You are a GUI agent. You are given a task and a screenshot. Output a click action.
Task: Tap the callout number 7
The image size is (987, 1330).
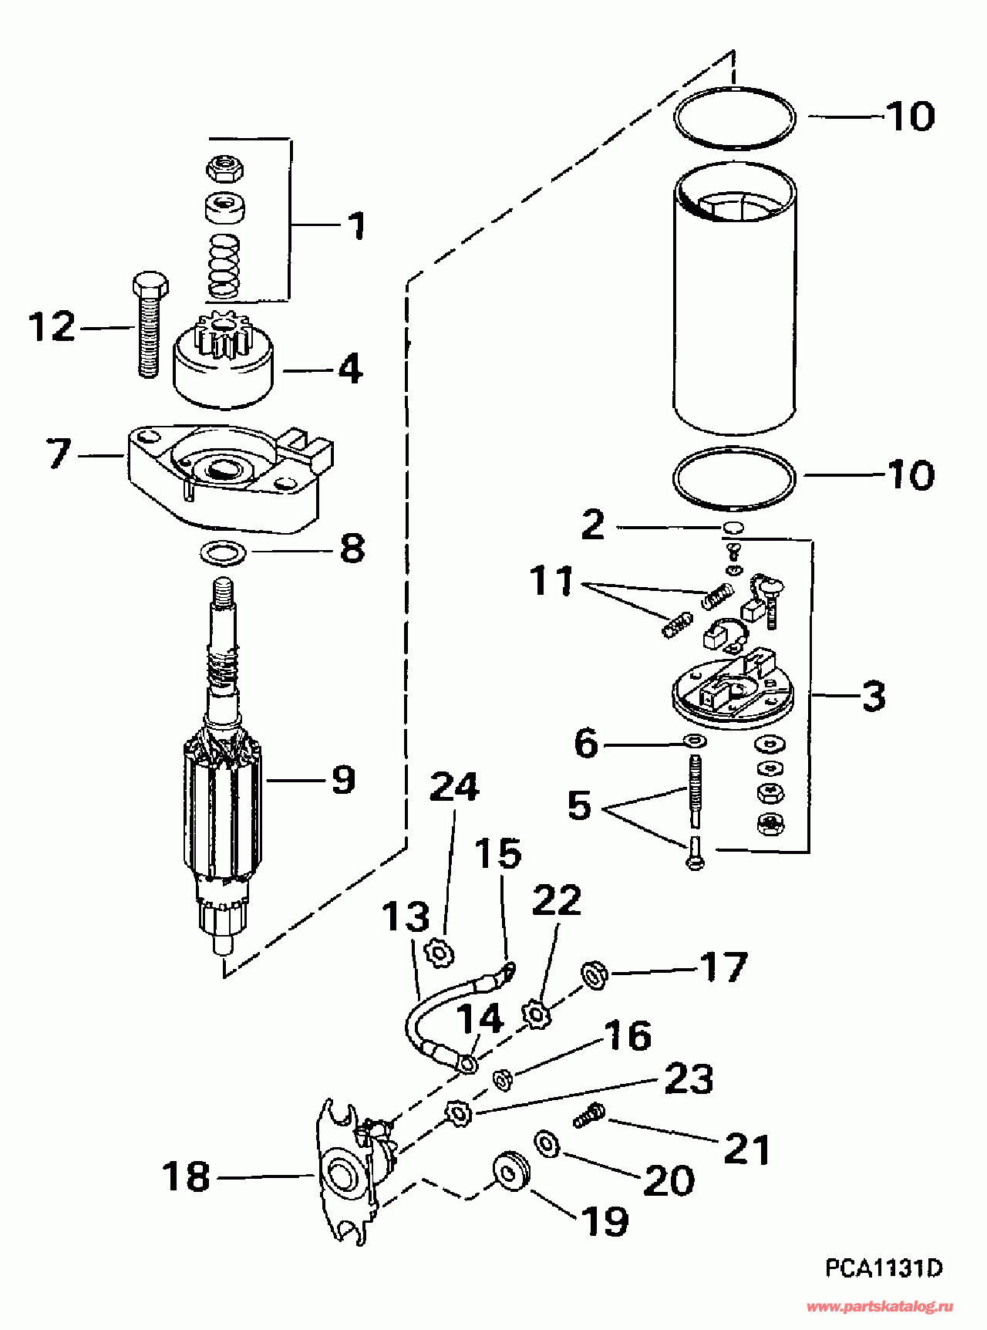59,454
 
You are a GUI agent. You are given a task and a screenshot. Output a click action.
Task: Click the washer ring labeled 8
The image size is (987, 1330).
223,552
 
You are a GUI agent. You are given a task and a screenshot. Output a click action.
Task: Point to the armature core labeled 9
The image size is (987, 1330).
224,802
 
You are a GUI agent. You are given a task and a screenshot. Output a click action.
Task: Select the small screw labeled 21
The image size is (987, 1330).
589,1116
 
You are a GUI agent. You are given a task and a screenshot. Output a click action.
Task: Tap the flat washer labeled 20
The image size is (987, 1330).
547,1144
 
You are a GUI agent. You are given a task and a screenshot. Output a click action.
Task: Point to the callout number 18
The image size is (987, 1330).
186,1177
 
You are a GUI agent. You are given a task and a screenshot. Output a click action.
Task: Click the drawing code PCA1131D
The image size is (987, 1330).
884,1268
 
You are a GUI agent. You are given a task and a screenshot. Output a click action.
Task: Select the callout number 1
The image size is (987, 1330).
356,225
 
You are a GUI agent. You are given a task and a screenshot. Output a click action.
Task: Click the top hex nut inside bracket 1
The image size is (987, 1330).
224,167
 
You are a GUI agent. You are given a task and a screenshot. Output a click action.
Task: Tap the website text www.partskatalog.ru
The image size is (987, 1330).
880,1307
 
